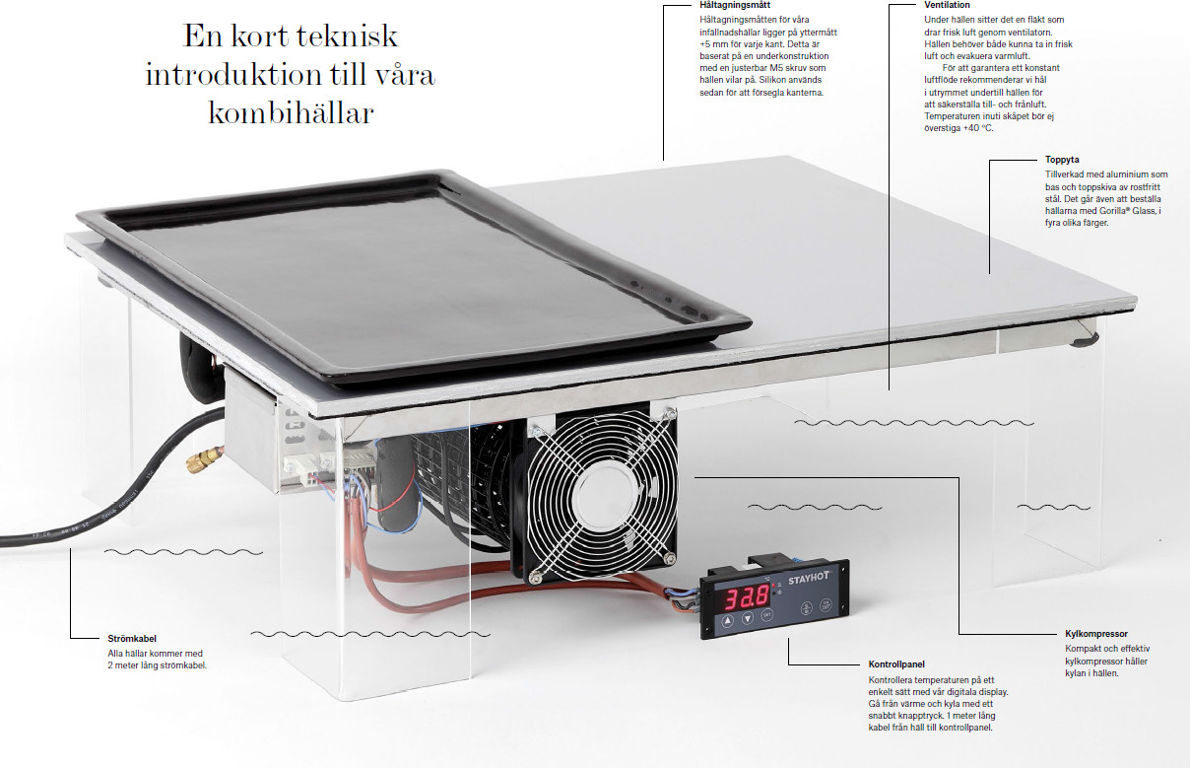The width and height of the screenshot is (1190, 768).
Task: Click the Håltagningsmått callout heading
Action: click(735, 5)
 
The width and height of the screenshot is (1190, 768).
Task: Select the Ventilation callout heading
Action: click(948, 5)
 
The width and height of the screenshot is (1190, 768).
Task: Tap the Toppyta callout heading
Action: click(1062, 160)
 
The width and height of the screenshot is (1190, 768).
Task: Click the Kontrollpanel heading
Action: click(896, 664)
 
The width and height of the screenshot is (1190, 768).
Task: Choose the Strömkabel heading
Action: click(132, 639)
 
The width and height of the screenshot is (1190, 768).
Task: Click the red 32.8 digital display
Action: click(748, 597)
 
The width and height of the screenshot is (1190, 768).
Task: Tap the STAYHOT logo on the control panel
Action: click(808, 579)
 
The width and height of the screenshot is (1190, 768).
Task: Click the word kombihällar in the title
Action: click(291, 112)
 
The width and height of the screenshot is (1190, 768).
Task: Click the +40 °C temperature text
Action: click(977, 128)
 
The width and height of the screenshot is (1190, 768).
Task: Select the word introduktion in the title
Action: click(232, 74)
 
